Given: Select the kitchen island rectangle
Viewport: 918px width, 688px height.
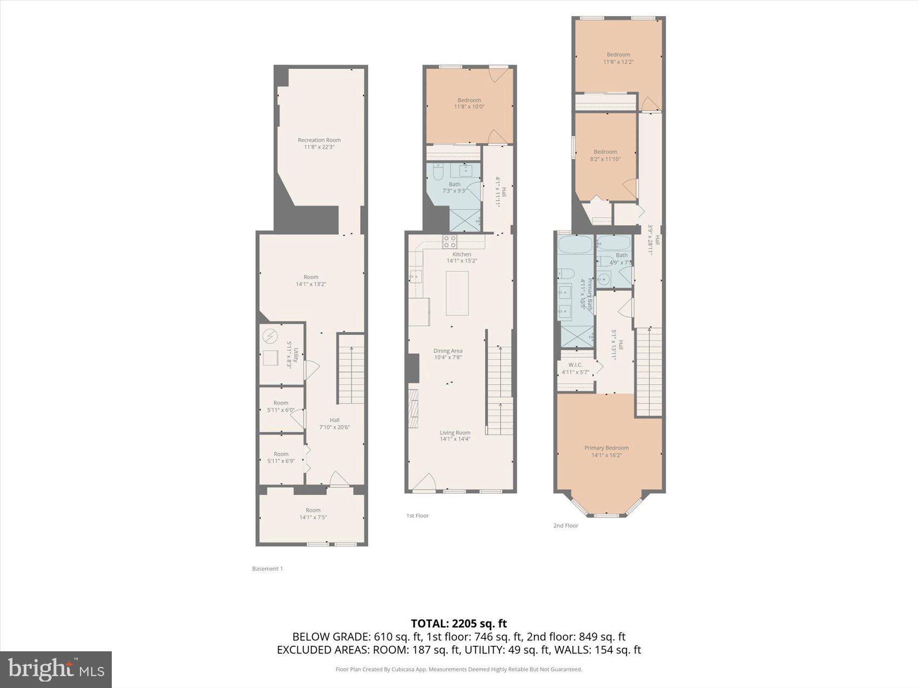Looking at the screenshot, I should pos(457,293).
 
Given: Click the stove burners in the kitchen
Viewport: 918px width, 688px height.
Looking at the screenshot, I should pos(450,241).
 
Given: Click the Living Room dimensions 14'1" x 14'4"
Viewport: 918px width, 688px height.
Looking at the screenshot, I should pos(455,439).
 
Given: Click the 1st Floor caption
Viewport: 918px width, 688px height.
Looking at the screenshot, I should pos(417,516).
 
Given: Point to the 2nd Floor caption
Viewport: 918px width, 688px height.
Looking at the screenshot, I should pos(565,526).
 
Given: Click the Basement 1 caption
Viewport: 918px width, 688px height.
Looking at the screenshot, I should pos(267,569).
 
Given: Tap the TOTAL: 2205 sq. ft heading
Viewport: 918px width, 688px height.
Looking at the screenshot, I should pos(458,624).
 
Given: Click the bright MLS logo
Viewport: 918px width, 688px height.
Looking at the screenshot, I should pos(56,670).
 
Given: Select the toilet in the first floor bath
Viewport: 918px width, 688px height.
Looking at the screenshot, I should pos(438,172).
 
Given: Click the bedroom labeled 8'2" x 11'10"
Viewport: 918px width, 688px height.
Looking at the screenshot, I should pos(605,155).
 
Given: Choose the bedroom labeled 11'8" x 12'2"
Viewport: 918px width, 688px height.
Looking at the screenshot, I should pos(618,58).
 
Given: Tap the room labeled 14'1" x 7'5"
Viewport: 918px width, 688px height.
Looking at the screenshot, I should pos(313,514).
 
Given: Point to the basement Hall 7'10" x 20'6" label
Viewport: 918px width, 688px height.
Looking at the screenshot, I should pos(334,424).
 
